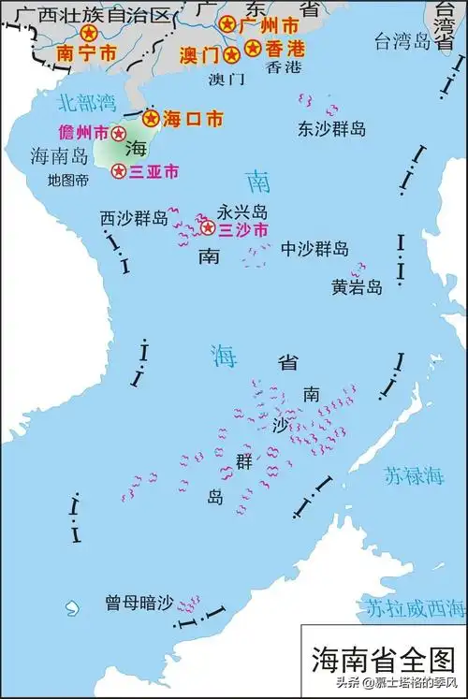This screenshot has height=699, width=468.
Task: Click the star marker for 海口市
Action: tap(151, 119)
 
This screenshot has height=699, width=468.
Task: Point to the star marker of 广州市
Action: tap(227, 22)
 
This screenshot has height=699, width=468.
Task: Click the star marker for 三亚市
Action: tap(119, 171)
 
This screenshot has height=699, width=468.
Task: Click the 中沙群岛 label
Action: tap(316, 248)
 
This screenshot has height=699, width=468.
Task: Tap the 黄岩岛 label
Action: tap(357, 287)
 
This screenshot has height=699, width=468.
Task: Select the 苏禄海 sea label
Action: tap(413, 476)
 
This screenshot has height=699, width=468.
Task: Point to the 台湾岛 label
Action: tap(401, 40)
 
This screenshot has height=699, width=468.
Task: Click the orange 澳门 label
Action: tap(200, 54)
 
